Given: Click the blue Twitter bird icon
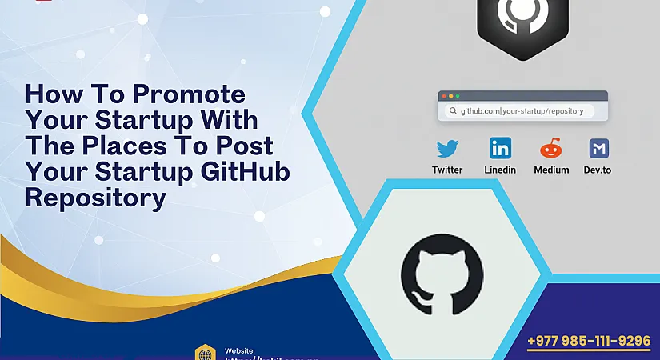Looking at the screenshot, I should click(x=447, y=148).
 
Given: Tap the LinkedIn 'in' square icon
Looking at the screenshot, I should click(x=500, y=148).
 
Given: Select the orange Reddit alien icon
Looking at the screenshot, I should click(x=551, y=148).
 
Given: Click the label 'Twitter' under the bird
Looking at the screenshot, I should click(x=447, y=170).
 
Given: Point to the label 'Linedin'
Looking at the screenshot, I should click(x=500, y=170).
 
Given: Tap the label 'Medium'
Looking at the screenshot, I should click(x=551, y=170).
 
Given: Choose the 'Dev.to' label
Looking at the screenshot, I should click(x=598, y=170).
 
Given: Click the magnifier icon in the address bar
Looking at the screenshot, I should click(x=453, y=111).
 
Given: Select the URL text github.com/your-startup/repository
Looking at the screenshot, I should click(x=522, y=111).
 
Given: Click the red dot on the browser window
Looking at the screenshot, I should click(x=442, y=95).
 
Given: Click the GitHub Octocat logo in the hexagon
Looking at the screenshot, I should click(x=442, y=272).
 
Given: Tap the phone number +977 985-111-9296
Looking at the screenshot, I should click(x=589, y=341).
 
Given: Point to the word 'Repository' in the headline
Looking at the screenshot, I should click(x=95, y=197).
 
